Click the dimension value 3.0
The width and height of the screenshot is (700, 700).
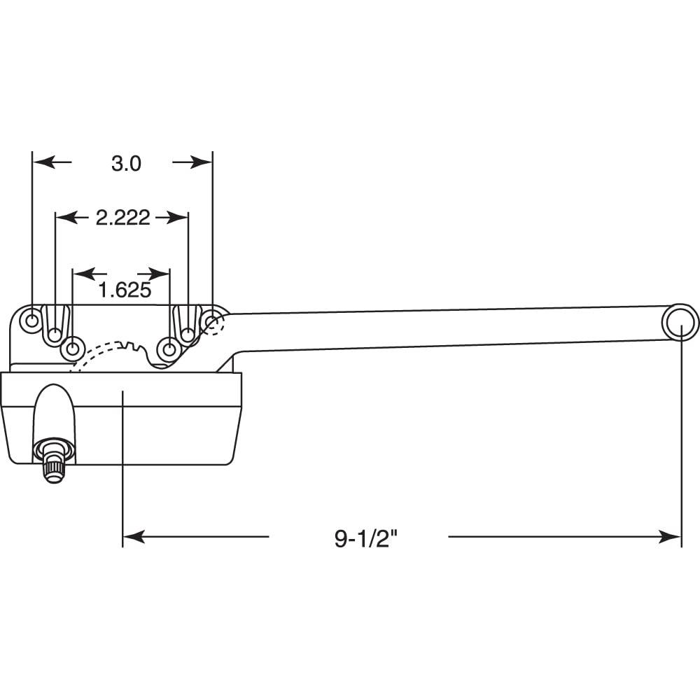coord(126,163)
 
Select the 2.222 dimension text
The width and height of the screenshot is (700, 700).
coord(122,218)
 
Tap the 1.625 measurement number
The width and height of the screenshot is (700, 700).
coord(125,290)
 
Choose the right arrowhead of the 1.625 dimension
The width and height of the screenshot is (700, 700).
coord(162,272)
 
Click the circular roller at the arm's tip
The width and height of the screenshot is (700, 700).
coord(680,323)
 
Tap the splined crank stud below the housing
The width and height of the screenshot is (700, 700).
coord(52,463)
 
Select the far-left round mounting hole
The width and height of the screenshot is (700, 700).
coord(32,321)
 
